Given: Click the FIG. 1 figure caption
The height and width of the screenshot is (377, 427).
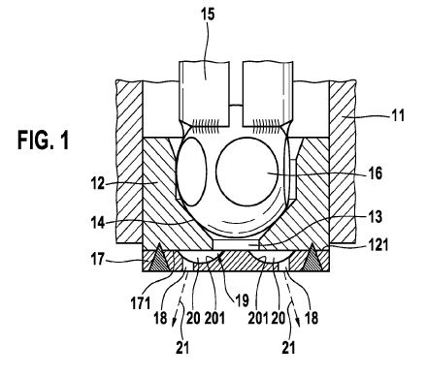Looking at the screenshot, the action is click(43, 140).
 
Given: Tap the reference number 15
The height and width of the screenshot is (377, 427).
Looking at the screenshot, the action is click(208, 15).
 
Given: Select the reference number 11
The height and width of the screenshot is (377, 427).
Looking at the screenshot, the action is click(398, 115).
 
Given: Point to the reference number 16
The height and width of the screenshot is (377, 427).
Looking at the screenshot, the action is click(376, 173).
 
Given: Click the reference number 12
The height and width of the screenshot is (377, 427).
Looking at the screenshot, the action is click(98, 184).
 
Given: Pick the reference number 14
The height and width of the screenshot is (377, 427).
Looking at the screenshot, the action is click(98, 223).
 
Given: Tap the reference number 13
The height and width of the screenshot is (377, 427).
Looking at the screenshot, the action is click(376, 217).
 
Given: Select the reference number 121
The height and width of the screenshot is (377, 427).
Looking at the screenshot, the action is click(378, 244).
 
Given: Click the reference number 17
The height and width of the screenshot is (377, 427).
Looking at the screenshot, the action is click(98, 259).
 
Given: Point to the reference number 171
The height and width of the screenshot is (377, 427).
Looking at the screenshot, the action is click(141, 303).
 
